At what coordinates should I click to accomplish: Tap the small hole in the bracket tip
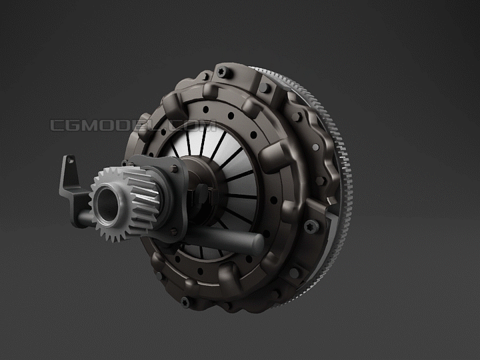coord(71,160)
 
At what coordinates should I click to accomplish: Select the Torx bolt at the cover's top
coord(225,72)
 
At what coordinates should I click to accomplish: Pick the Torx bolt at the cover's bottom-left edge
coord(186,303)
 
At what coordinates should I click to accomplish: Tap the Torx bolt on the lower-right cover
coord(312,227)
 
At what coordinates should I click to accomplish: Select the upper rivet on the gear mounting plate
coord(174,169)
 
